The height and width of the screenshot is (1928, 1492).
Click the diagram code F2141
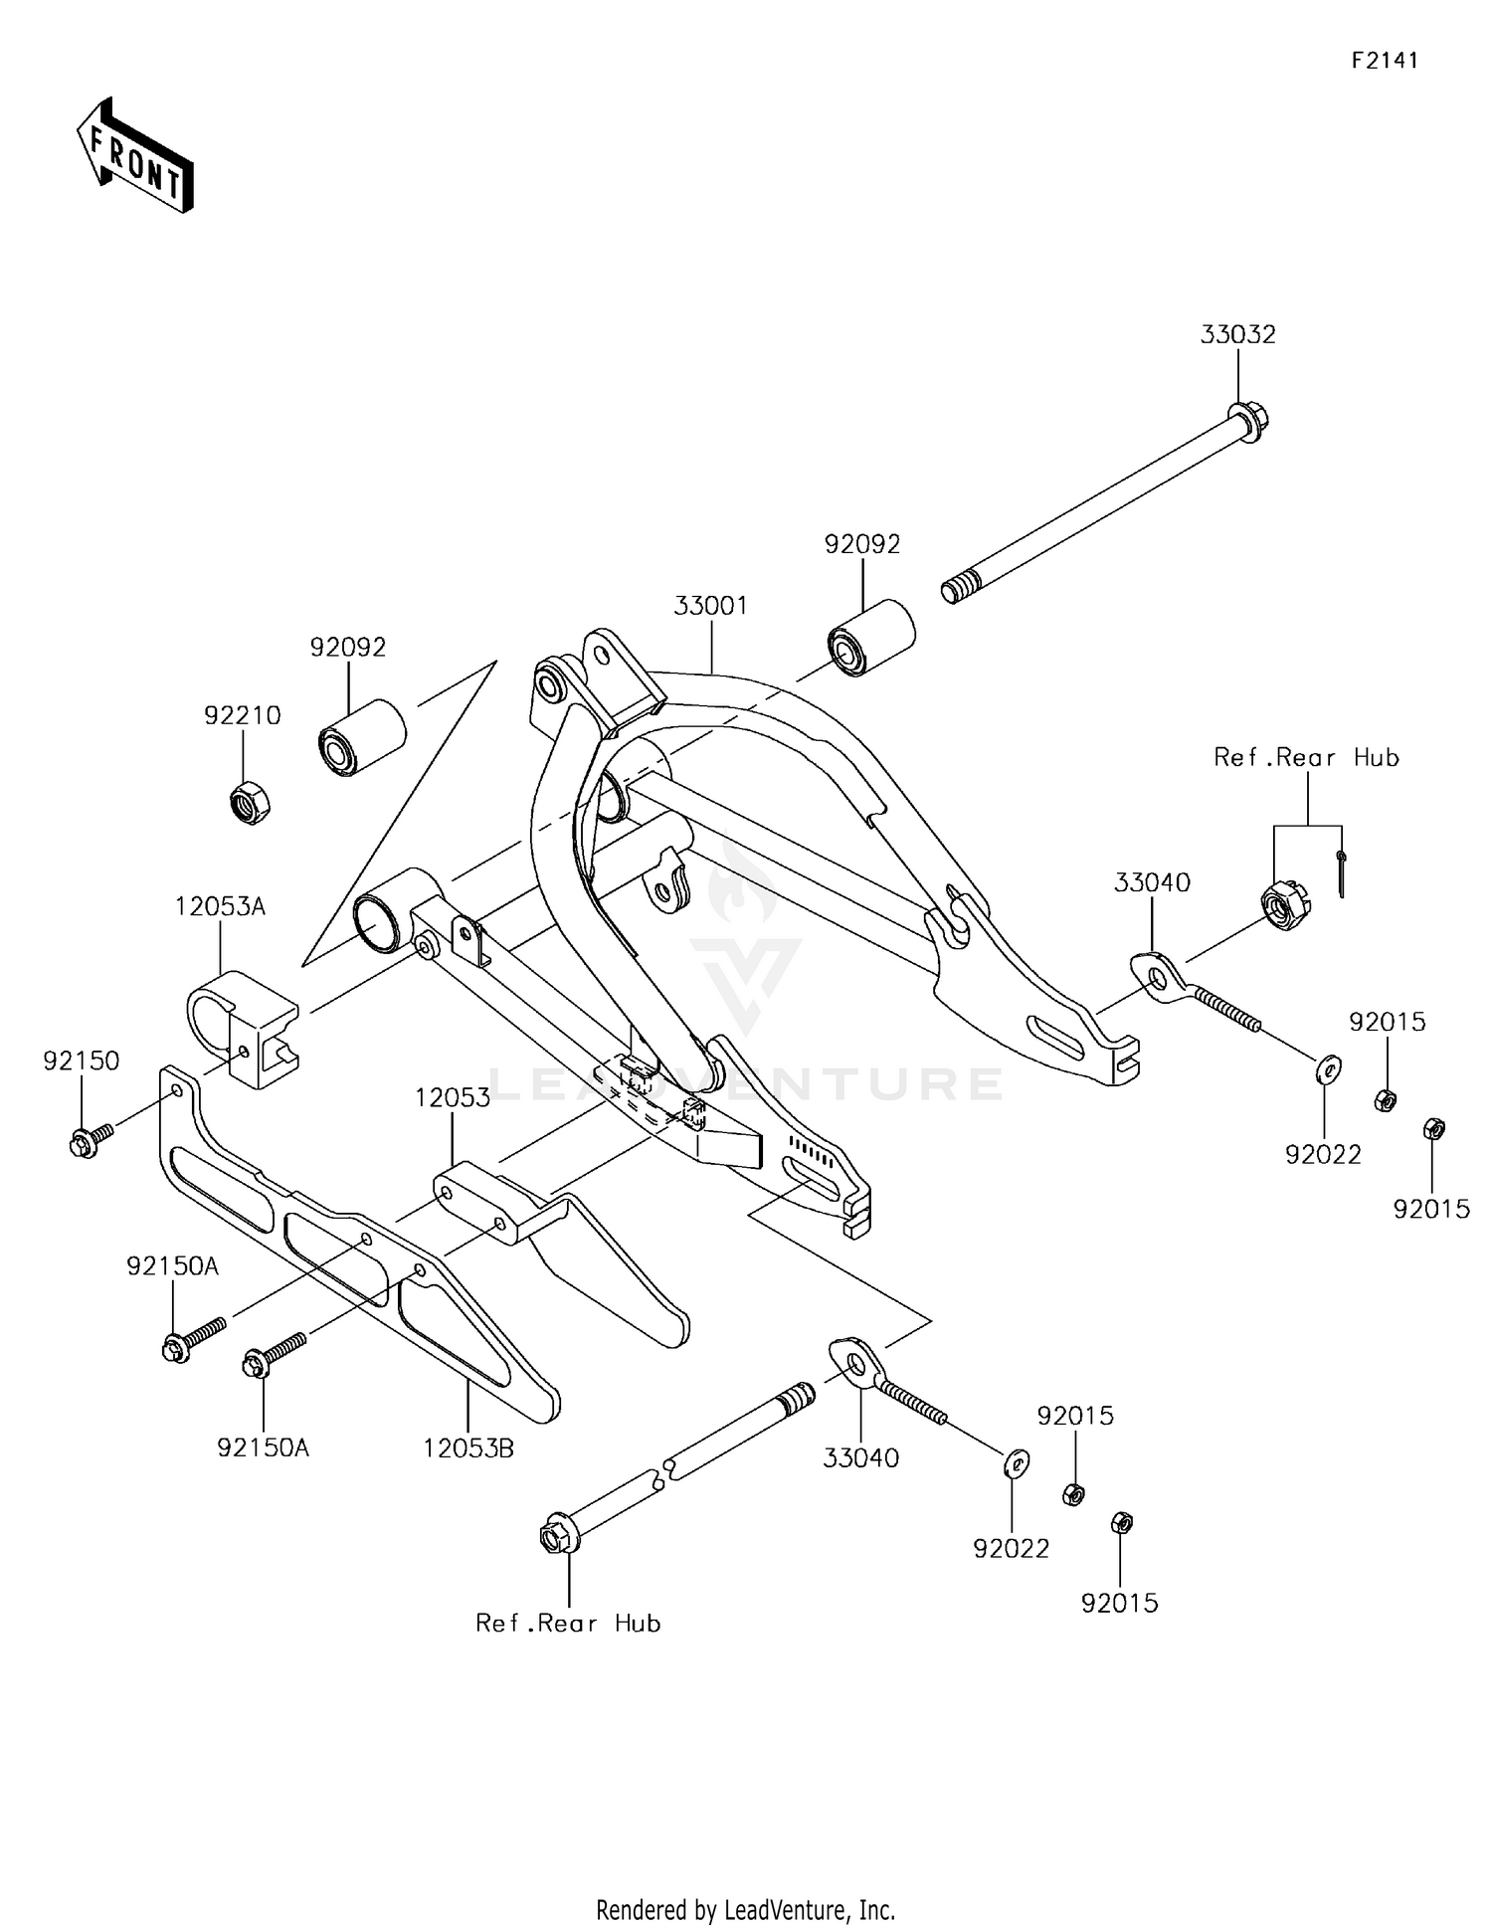(x=1385, y=61)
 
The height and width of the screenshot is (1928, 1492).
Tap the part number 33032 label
(x=1237, y=335)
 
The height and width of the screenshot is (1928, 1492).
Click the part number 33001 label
(x=710, y=606)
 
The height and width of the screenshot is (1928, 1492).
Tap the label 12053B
(x=468, y=1448)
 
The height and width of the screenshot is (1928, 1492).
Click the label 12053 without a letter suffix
(x=453, y=1098)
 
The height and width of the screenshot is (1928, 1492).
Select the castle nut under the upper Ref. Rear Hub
(x=1285, y=905)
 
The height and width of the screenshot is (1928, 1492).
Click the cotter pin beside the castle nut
(x=1341, y=873)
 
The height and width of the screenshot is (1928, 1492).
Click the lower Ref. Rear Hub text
(x=568, y=1624)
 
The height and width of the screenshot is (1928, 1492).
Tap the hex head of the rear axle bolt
(x=555, y=1537)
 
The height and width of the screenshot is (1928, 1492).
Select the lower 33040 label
(x=860, y=1458)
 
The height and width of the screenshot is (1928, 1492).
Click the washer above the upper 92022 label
(x=1327, y=1068)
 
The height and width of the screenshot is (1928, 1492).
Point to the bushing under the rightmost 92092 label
(x=871, y=637)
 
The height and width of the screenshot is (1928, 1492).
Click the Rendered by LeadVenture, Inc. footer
(x=745, y=1910)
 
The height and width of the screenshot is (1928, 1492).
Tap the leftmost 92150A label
(x=172, y=1266)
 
